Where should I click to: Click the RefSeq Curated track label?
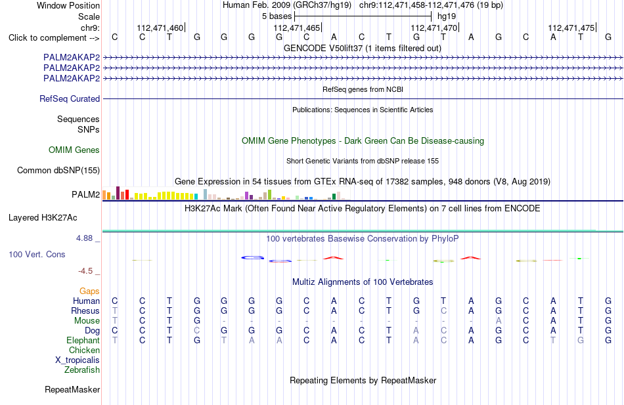click(70, 98)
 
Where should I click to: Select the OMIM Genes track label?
click(74, 150)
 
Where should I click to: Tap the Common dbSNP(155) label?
click(58, 170)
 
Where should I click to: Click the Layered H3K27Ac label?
click(43, 218)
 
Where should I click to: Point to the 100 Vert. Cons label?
click(37, 254)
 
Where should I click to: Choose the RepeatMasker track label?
click(72, 389)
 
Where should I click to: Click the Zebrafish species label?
click(82, 370)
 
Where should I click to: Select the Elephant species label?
click(83, 340)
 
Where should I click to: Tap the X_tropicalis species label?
click(78, 360)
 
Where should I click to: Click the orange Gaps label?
click(89, 291)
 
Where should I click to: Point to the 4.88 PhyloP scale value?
click(84, 238)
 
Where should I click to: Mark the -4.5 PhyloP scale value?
click(85, 271)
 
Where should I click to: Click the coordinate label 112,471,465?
click(296, 28)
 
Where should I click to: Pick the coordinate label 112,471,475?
click(571, 28)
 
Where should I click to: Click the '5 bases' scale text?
click(277, 16)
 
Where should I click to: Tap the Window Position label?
click(68, 5)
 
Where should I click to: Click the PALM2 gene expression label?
click(86, 194)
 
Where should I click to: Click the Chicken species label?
click(84, 350)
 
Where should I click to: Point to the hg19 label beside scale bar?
click(447, 16)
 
